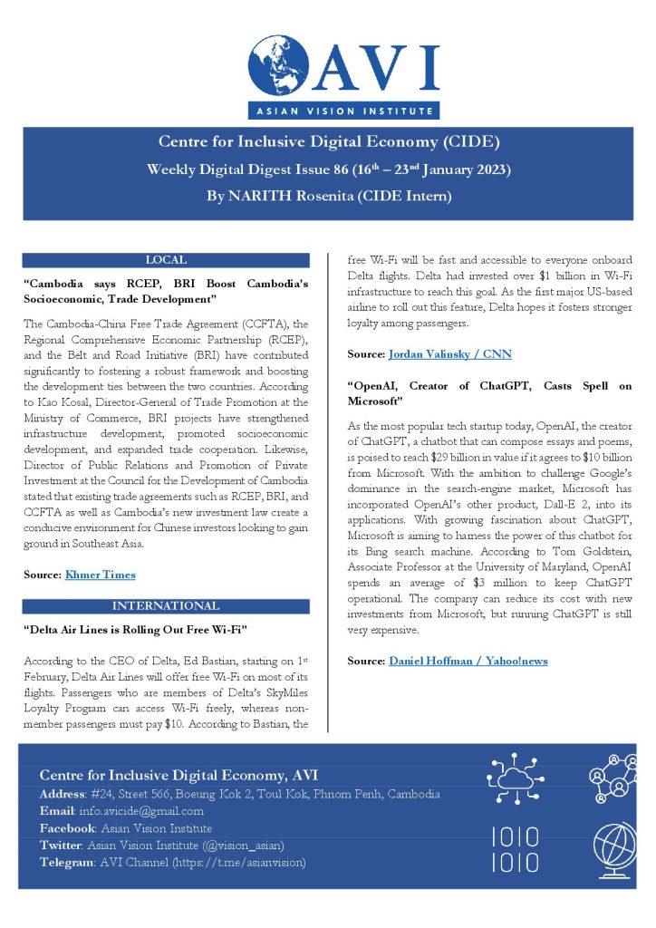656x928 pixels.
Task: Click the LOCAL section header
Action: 166,259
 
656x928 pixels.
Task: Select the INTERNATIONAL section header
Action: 165,605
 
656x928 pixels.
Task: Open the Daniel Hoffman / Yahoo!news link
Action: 468,661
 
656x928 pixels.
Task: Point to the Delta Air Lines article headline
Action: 136,627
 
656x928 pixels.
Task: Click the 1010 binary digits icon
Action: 514,849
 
